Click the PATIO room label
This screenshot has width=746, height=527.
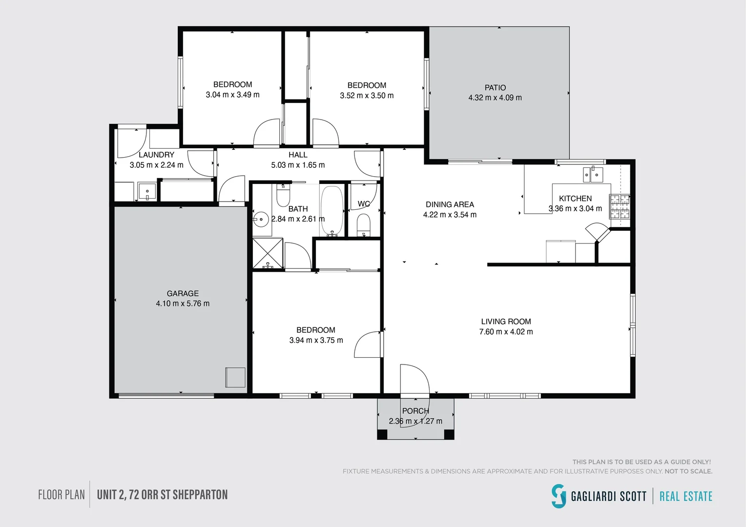coord(495,87)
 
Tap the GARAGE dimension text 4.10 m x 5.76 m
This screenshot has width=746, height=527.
coord(183,304)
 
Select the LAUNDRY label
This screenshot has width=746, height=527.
coord(156,155)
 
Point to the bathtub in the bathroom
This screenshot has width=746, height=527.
coord(332,210)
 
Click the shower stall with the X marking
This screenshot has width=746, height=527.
coord(268,253)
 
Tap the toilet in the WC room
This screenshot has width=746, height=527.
coord(363,225)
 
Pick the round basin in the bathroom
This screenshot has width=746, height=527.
coord(261,220)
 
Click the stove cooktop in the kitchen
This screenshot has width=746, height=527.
coord(620,206)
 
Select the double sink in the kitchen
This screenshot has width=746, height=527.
coord(593,174)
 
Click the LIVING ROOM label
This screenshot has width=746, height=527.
coord(506,322)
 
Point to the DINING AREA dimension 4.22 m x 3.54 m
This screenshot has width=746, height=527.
coord(450,215)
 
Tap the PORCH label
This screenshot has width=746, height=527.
coord(415,411)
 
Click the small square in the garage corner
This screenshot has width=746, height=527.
coord(235,377)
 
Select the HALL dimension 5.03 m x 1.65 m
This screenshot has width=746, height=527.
coord(298,165)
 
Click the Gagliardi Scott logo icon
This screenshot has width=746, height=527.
coord(559,496)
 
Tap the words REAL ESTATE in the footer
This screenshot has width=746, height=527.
coord(686,496)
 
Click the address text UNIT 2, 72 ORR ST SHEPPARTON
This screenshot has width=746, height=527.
coord(162,495)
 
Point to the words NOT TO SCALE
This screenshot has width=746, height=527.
coord(688,471)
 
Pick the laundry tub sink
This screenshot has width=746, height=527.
coord(147,191)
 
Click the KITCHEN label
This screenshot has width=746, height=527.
coord(575,199)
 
